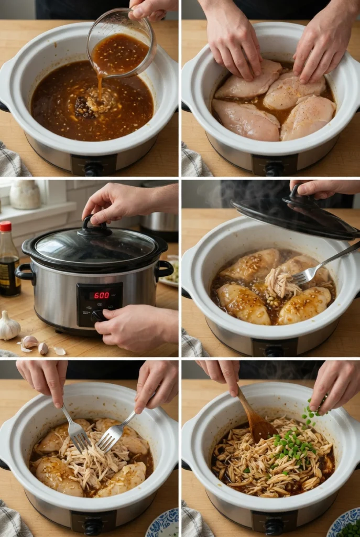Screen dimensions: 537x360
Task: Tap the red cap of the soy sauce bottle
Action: pos(5,227)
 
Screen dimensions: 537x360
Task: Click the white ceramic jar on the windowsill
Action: pos(25,195)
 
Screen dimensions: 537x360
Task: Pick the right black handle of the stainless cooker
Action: pos(163,268)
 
